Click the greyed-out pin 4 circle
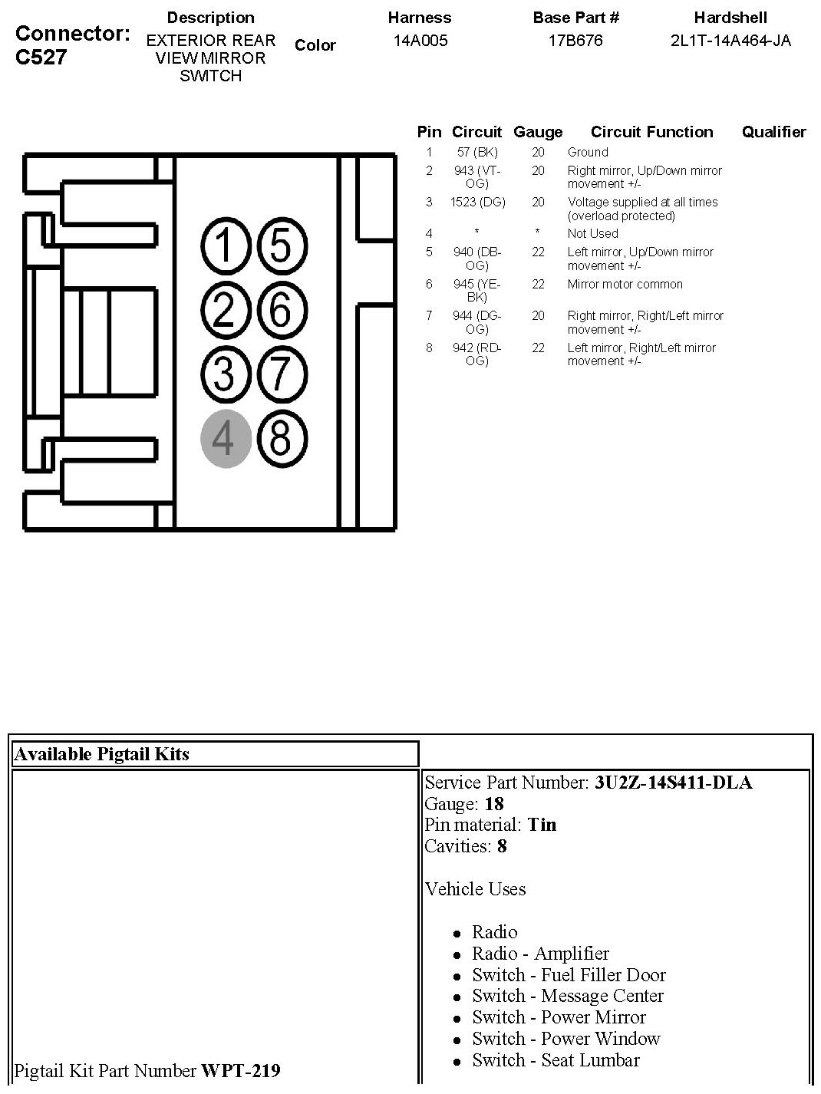click(x=226, y=440)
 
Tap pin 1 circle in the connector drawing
click(x=226, y=247)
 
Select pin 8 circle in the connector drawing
click(x=281, y=440)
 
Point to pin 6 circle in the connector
click(x=281, y=311)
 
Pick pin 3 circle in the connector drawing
click(x=226, y=375)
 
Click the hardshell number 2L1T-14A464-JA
click(x=730, y=41)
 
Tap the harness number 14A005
click(x=420, y=41)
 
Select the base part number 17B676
click(x=575, y=41)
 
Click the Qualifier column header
click(x=773, y=132)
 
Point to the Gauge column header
click(x=538, y=132)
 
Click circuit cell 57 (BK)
click(x=476, y=153)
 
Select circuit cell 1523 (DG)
click(x=476, y=203)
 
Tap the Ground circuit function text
click(x=588, y=153)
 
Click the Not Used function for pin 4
click(x=592, y=234)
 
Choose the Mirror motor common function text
click(x=625, y=285)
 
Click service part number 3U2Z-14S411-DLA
click(x=673, y=783)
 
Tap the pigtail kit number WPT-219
click(x=240, y=1070)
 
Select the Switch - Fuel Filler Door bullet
click(x=569, y=975)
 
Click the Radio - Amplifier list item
click(x=540, y=954)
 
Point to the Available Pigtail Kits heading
click(x=101, y=754)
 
